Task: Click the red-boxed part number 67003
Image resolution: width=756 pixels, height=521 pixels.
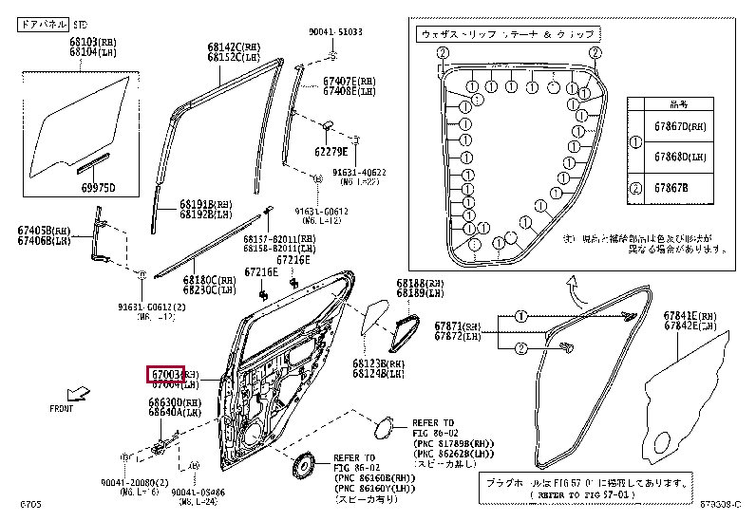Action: coord(165,374)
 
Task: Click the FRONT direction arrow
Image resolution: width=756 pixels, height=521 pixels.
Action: coord(83,391)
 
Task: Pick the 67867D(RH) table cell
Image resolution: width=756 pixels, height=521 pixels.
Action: coord(682,126)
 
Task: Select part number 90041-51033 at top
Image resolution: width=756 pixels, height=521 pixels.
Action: coord(335,32)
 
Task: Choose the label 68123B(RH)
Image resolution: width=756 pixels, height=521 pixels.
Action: coord(377,363)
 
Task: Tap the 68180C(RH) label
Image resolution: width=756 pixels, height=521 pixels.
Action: coord(208,280)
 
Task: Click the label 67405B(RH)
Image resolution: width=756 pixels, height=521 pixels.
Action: coord(44,230)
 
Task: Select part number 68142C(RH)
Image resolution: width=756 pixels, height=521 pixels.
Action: coord(234,46)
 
